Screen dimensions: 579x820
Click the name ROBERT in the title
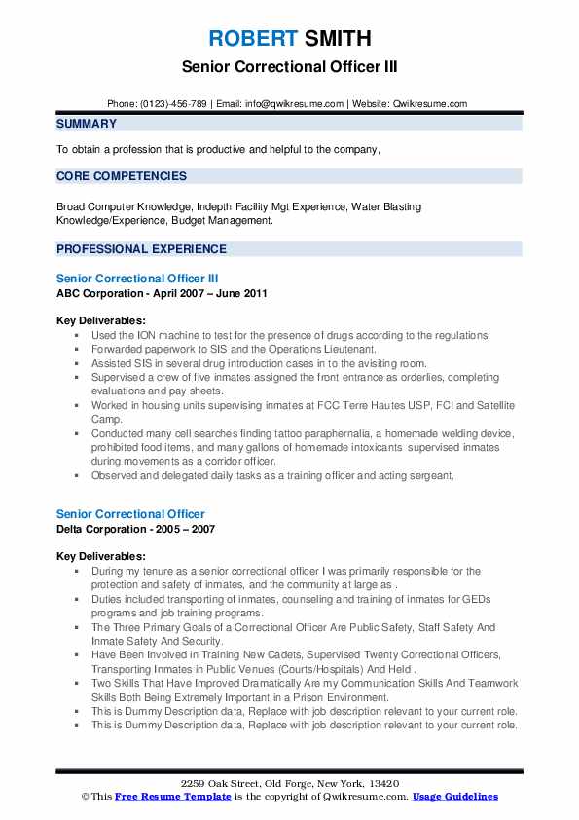[x=251, y=39]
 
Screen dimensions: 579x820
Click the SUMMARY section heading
[x=87, y=124]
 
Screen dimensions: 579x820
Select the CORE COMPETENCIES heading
[x=122, y=176]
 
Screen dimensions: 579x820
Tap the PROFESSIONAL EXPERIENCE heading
[x=141, y=248]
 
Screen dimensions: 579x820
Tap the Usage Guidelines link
[x=454, y=797]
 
